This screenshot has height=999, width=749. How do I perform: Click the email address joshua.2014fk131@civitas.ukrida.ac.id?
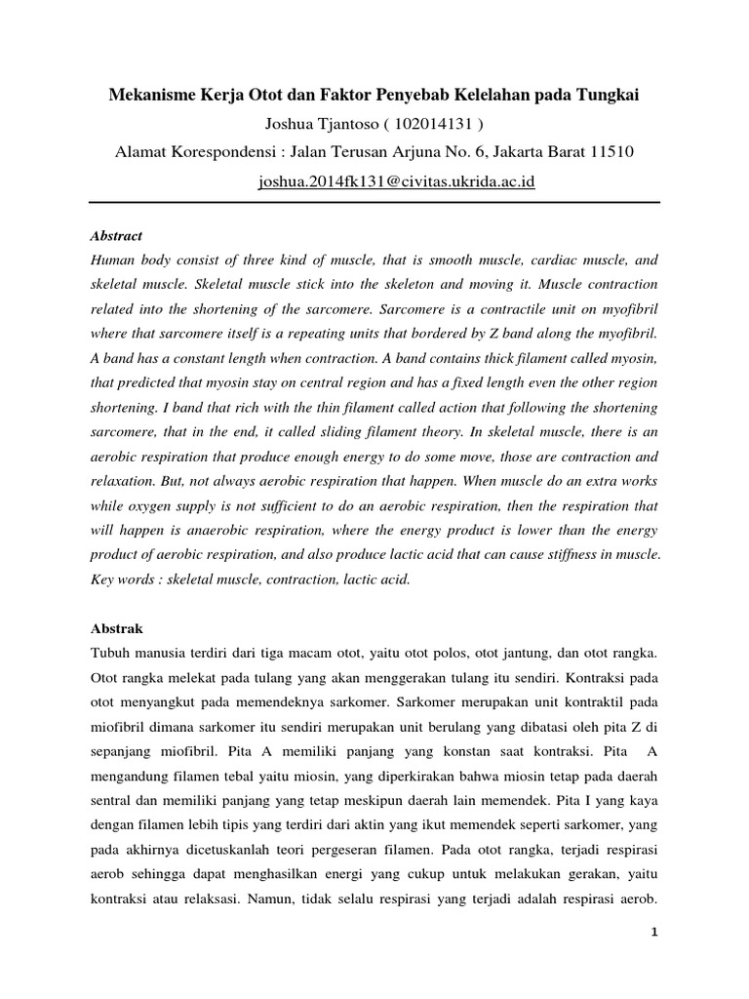[x=397, y=181]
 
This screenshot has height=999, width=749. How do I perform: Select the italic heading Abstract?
[x=116, y=236]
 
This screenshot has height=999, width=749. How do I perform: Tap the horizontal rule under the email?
[x=374, y=202]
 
